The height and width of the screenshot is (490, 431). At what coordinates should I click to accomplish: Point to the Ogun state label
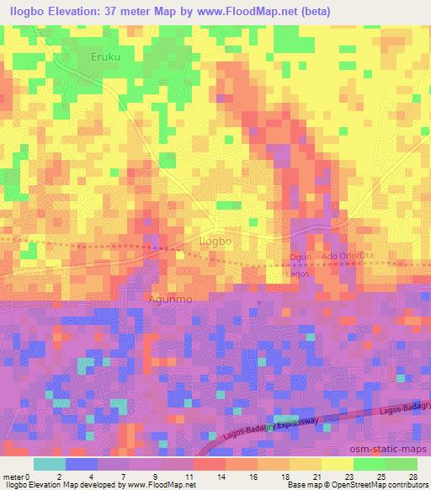coord(301,256)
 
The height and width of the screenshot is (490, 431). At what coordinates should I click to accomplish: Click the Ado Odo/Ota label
coord(347,256)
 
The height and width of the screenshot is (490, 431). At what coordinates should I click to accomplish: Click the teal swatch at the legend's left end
coord(50,464)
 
